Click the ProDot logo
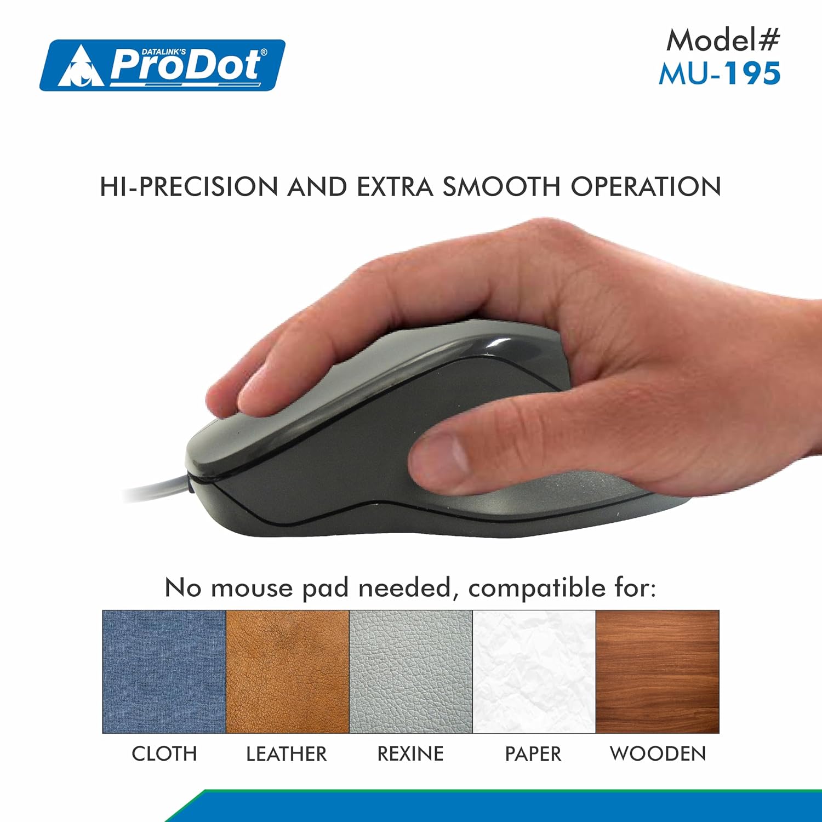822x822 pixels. [162, 65]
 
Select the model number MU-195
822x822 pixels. [720, 73]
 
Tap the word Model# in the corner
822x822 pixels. [723, 40]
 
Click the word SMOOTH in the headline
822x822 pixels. [501, 187]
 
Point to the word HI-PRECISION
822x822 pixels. [189, 187]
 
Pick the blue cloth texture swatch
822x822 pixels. [164, 671]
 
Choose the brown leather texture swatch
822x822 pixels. [287, 671]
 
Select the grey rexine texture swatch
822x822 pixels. [410, 671]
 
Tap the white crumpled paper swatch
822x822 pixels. [534, 671]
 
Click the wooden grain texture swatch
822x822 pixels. [657, 671]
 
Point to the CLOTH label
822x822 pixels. [164, 754]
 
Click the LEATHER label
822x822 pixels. [286, 754]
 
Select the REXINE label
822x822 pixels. [410, 754]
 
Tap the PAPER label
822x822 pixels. [533, 754]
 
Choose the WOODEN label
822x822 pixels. [658, 754]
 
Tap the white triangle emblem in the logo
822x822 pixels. [81, 67]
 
